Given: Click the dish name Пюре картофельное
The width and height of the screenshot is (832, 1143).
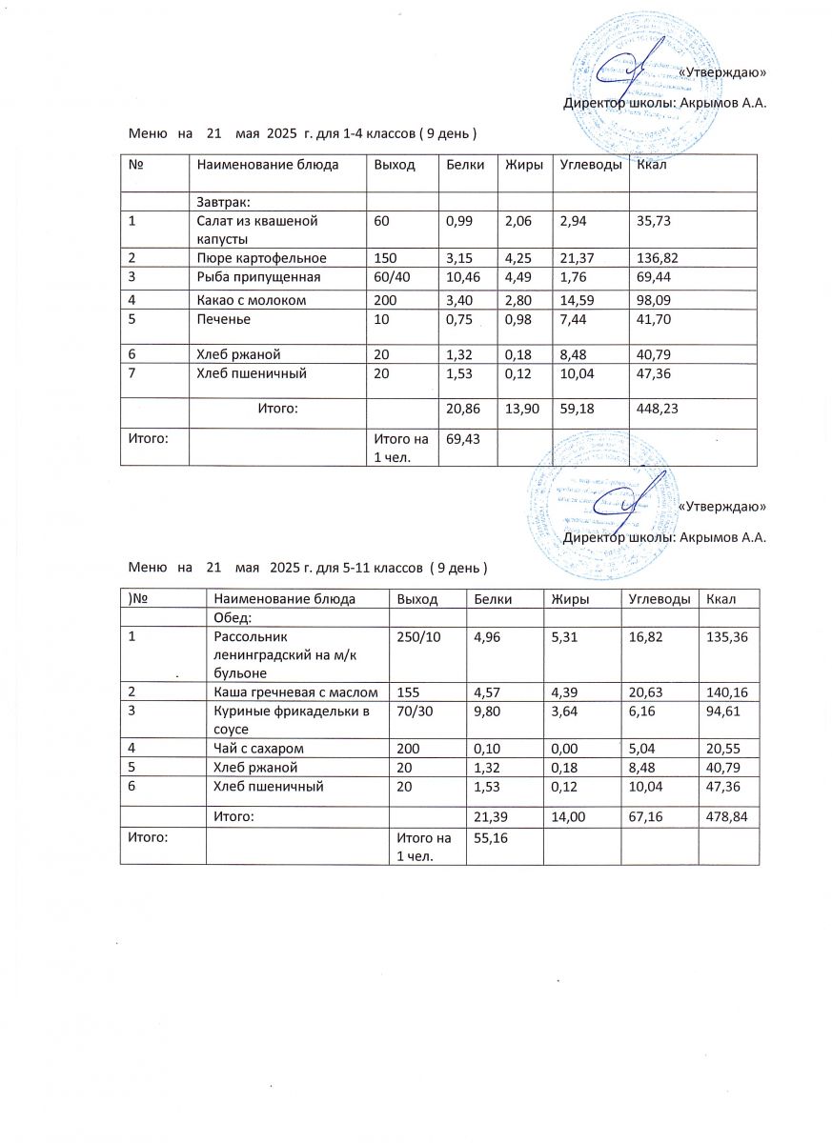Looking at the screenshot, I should pyautogui.click(x=261, y=258).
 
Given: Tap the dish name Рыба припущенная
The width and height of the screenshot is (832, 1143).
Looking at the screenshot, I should pyautogui.click(x=258, y=277).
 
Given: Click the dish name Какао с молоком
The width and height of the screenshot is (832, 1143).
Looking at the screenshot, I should pyautogui.click(x=252, y=300).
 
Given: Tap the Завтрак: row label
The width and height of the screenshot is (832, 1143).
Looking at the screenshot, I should pyautogui.click(x=223, y=201).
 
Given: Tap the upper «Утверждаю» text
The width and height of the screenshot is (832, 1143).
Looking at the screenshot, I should pyautogui.click(x=721, y=72).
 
